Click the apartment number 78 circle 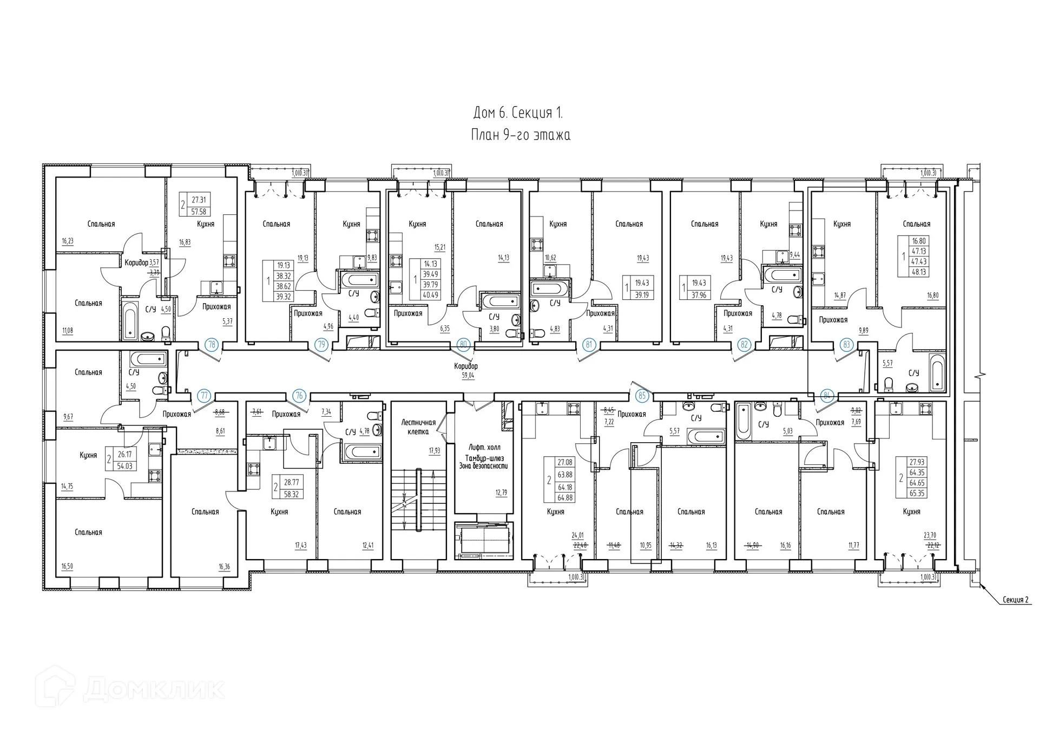(212, 344)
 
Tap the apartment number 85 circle (642, 396)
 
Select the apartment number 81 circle (589, 344)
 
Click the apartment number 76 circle (299, 396)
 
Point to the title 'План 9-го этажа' (520, 135)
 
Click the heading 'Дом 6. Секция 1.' (518, 113)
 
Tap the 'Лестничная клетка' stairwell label (418, 427)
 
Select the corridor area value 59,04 (468, 375)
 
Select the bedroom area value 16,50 (67, 566)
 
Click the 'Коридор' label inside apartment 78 (136, 262)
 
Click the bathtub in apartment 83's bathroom (937, 373)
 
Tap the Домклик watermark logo (133, 689)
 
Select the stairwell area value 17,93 (434, 450)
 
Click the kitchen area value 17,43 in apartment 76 (300, 546)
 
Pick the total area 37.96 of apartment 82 (699, 295)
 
